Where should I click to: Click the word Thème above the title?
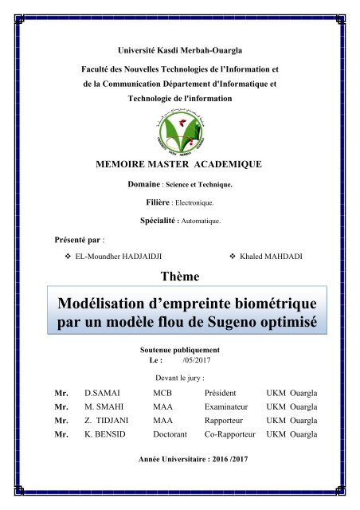180,276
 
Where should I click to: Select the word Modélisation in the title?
108,305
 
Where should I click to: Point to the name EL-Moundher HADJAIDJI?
116,255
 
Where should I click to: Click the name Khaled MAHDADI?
276,255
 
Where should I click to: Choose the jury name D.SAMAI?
100,394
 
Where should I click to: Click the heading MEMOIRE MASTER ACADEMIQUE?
179,166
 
